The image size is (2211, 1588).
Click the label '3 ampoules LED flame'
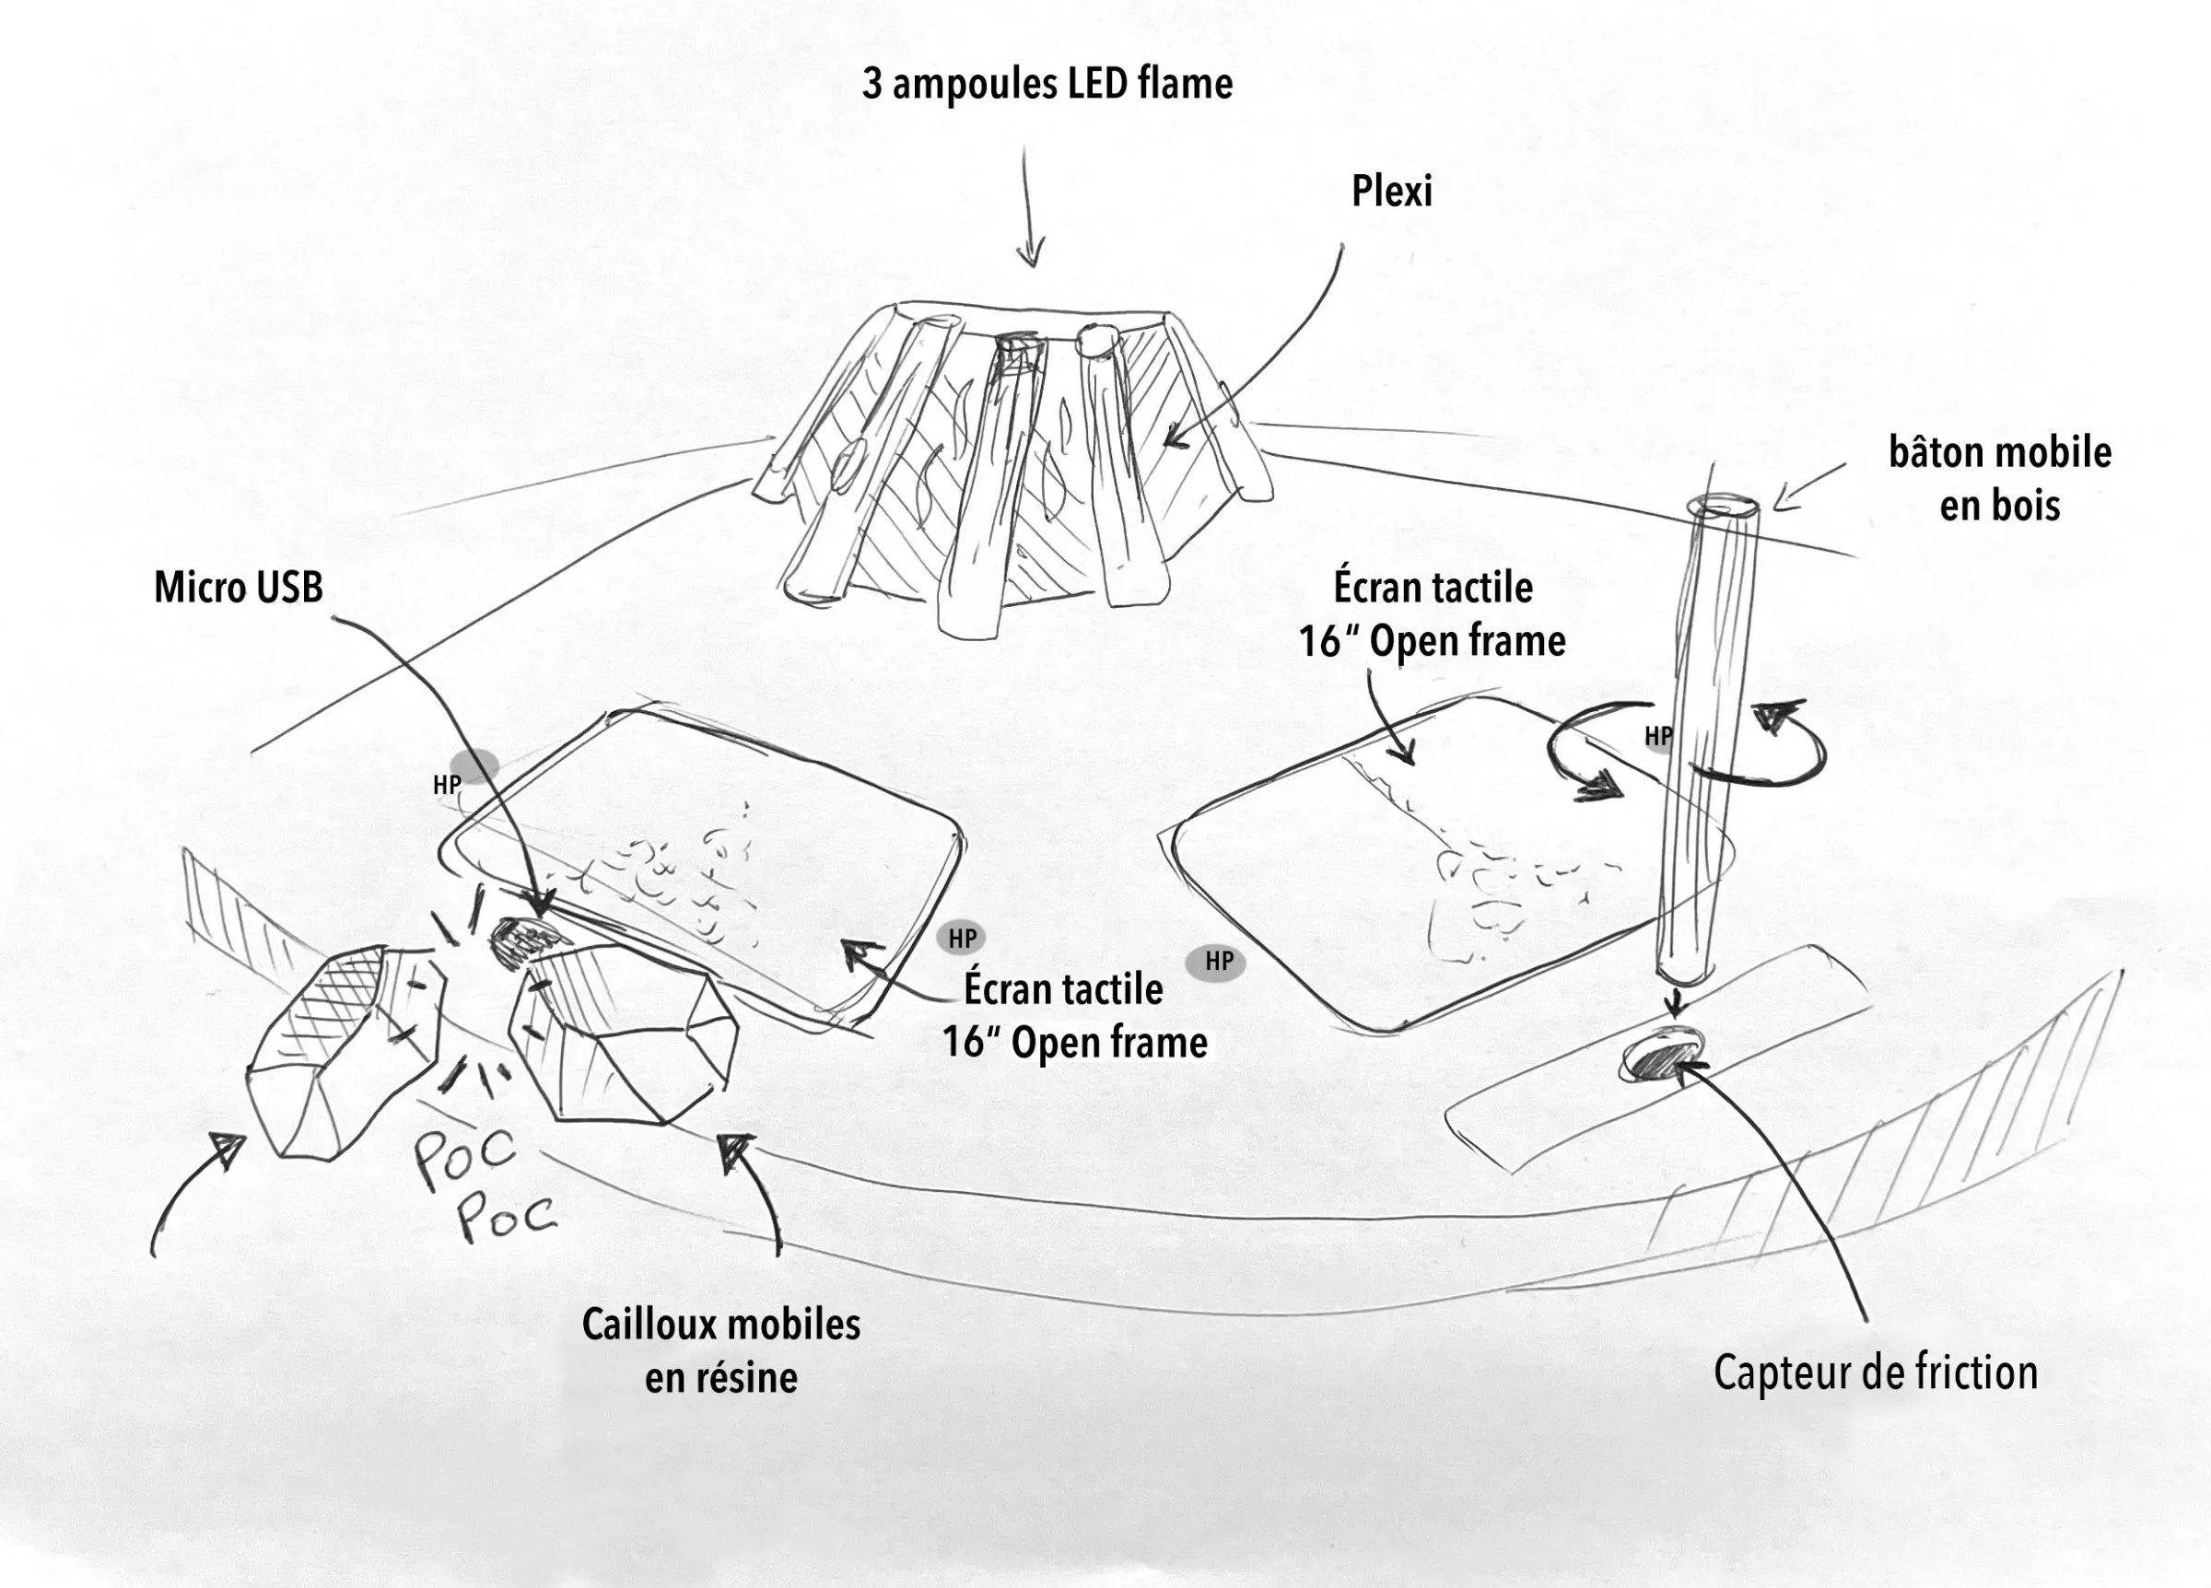tap(1047, 84)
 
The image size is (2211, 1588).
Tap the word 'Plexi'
tap(1391, 191)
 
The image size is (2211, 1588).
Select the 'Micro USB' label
tap(239, 588)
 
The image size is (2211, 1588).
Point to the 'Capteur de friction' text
tap(1876, 1372)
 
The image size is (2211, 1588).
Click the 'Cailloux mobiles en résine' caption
tap(721, 1351)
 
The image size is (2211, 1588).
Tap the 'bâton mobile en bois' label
tap(1999, 479)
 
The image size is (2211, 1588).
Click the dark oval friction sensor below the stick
tap(1659, 1054)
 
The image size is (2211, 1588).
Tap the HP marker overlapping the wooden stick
tap(1657, 736)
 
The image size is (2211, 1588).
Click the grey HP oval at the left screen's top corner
tap(474, 767)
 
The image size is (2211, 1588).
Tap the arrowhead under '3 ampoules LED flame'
tap(1029, 255)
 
